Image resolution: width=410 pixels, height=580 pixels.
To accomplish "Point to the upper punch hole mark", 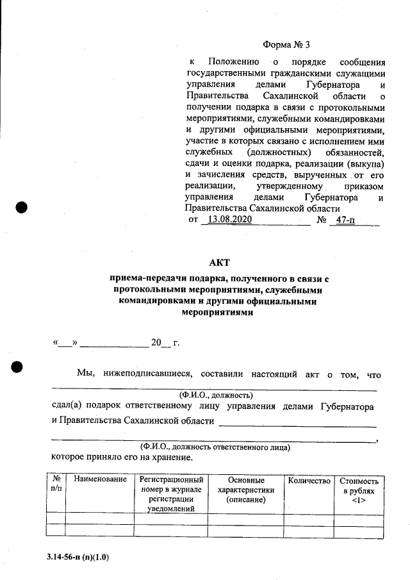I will (22, 208).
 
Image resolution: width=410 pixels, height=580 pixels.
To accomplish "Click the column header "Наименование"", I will (100, 480).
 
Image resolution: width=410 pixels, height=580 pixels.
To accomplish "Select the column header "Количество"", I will (309, 481).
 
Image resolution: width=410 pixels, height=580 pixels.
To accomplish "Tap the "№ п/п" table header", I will (56, 485).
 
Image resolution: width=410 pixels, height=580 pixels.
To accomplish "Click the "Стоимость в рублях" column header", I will (359, 490).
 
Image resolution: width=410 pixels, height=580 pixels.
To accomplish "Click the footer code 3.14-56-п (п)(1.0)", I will (78, 557).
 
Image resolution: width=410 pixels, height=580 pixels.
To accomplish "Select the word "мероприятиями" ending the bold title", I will (217, 313).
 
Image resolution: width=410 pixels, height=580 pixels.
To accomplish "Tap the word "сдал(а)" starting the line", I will (68, 406).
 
